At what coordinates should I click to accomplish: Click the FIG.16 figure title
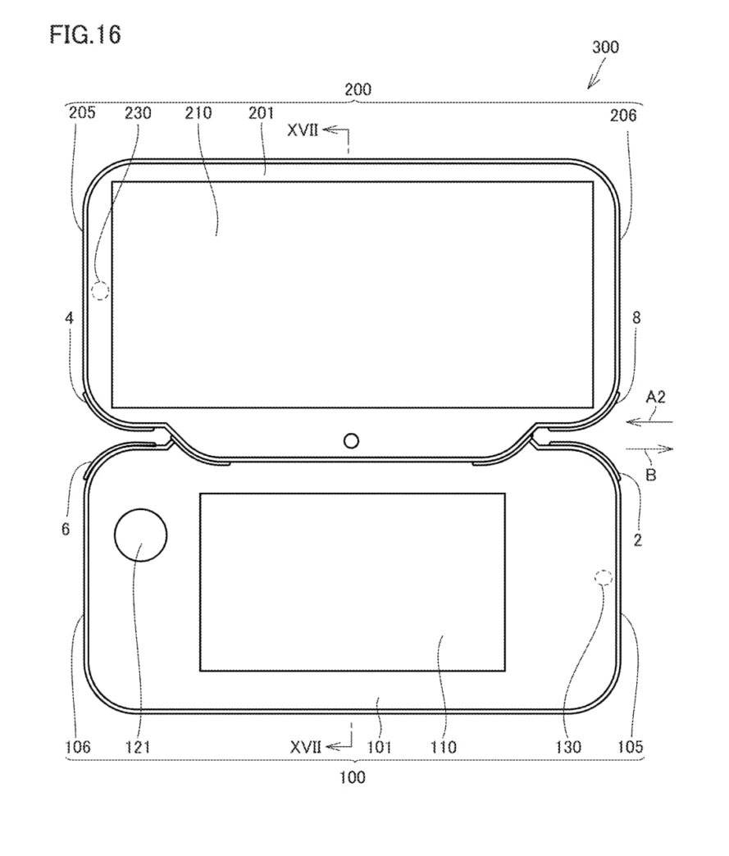coord(85,34)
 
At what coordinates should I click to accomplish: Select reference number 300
coord(606,47)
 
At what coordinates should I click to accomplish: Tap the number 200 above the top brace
coord(358,89)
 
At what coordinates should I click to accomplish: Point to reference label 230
coord(138,113)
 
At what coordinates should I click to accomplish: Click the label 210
coord(198,113)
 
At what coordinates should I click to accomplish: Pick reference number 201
coord(261,113)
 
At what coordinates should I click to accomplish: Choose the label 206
coord(623,115)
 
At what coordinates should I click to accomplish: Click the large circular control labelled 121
coord(140,535)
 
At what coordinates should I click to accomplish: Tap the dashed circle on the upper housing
coord(100,290)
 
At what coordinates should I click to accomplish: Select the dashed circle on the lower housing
coord(604,577)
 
